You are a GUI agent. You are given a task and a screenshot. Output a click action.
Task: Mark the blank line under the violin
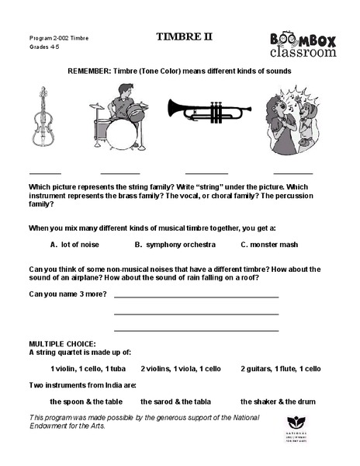pyautogui.click(x=44, y=172)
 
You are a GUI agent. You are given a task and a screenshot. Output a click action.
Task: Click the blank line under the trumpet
pyautogui.click(x=206, y=172)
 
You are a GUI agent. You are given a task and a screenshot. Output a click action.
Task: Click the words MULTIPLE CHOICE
pyautogui.click(x=62, y=343)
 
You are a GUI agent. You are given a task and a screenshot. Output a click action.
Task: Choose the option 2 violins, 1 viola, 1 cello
pyautogui.click(x=181, y=368)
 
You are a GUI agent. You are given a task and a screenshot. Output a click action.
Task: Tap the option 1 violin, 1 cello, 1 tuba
pyautogui.click(x=88, y=368)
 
